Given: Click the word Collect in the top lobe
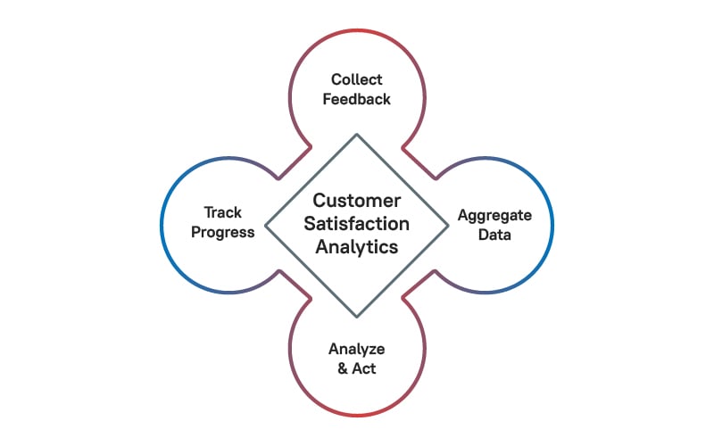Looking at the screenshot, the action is pos(356,79).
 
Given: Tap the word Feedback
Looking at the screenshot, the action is pos(356,99).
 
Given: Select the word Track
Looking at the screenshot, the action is pos(222,212).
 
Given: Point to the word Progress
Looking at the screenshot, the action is pos(222,233).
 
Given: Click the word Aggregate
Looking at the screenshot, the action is pos(494,215).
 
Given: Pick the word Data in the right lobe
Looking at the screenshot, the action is pos(494,235).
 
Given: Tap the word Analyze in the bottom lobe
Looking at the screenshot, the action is pos(356,349).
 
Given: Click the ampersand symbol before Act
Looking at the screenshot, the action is pos(343,368).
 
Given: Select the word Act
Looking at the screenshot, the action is pos(364,368).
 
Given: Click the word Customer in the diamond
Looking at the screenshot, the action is pos(356,201).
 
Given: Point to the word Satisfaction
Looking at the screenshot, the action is pos(356,224).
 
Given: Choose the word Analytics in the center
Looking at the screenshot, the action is pos(356,247).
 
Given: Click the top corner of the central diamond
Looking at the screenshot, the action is pos(357,135).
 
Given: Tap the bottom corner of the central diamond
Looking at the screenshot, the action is pos(357,317).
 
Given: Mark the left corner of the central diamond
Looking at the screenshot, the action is pos(265,226).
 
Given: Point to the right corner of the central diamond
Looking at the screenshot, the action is pos(449,226).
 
